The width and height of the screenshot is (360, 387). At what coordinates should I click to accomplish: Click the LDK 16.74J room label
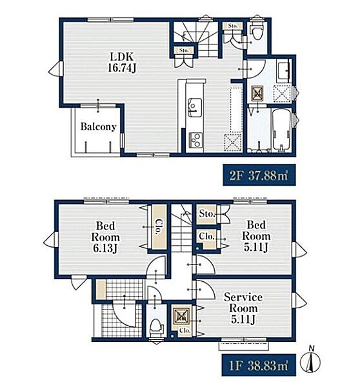[122, 62]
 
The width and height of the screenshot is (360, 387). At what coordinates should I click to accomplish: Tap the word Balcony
[98, 126]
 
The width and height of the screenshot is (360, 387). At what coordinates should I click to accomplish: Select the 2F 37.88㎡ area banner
[259, 175]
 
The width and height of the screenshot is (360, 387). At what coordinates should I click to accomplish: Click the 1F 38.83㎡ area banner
[259, 365]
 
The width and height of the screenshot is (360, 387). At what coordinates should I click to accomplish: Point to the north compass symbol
[310, 361]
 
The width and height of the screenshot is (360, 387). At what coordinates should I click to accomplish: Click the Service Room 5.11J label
[243, 308]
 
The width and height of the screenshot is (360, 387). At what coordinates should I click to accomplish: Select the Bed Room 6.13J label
[105, 237]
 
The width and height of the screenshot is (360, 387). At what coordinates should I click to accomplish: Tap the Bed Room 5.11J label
[256, 236]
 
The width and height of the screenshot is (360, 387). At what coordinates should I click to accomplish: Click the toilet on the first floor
[155, 327]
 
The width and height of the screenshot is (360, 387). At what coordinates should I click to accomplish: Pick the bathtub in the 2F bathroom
[281, 130]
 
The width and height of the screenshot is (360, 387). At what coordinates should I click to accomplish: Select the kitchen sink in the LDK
[195, 107]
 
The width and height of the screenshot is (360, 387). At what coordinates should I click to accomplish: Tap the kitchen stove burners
[195, 140]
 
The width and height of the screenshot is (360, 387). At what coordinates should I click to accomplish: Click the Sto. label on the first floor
[207, 213]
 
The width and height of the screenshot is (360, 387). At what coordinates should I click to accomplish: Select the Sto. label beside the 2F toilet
[232, 26]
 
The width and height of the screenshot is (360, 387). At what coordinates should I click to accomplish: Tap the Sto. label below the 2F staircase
[184, 50]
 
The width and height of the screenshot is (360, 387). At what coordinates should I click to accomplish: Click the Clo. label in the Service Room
[185, 330]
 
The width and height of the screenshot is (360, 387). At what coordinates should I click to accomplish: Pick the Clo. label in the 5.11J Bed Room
[206, 237]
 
